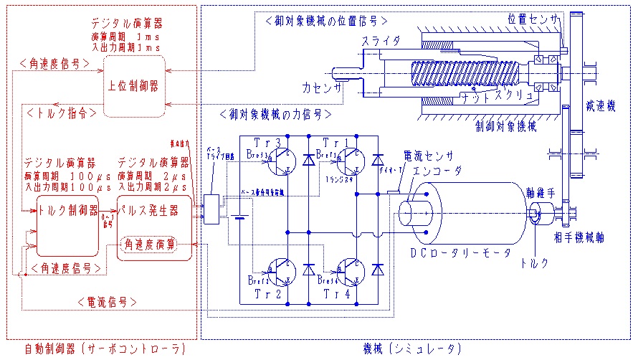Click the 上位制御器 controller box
(134, 85)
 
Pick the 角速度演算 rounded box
(151, 245)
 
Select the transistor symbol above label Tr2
(282, 274)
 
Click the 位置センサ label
(533, 19)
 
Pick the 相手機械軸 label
(581, 237)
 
